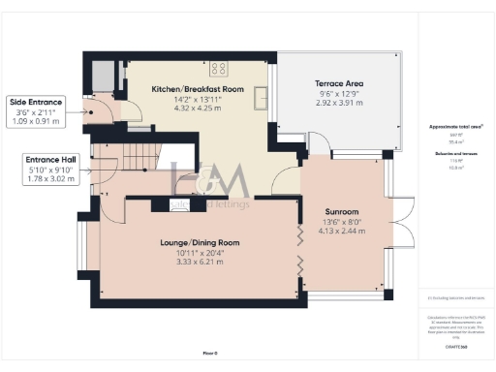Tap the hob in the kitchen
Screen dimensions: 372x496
click(218, 68)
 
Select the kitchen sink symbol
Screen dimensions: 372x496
click(261, 99)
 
